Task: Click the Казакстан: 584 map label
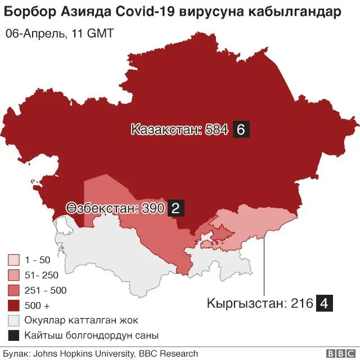point(179,130)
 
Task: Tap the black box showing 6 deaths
point(240,130)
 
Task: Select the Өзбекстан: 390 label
point(115,209)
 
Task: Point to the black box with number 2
point(175,209)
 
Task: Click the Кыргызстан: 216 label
point(259,304)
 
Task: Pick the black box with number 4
point(325,304)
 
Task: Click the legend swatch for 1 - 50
point(14,260)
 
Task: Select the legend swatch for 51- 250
point(14,276)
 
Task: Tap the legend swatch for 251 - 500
point(14,291)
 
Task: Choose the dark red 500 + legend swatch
point(14,306)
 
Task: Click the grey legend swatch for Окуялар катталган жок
point(14,321)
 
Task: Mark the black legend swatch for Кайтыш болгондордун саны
point(14,336)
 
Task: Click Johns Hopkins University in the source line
point(82,354)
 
